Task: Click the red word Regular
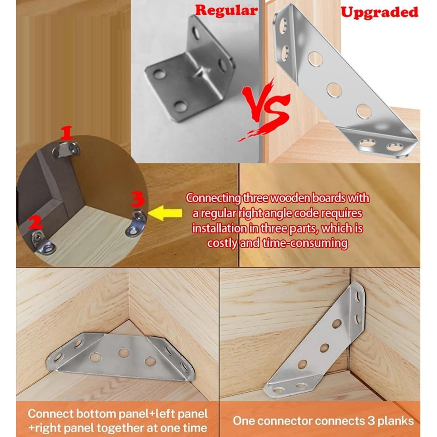tap(226, 10)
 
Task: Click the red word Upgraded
tap(379, 12)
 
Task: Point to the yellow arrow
tap(165, 213)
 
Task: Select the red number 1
tap(67, 133)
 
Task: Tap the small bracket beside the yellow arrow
tap(136, 223)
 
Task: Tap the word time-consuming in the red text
tap(305, 243)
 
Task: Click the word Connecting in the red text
tap(213, 198)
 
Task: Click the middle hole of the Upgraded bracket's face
tap(334, 90)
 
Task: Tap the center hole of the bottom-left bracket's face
tap(124, 353)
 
